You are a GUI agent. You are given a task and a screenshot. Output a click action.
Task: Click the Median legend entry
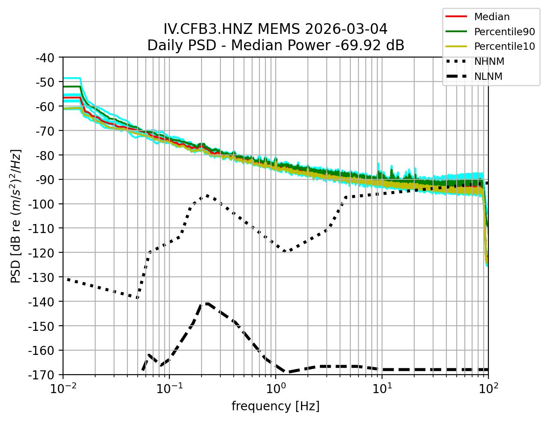(x=491, y=17)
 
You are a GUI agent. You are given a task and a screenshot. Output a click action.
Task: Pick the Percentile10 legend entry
(x=504, y=46)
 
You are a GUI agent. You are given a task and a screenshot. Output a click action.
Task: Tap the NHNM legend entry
(x=489, y=61)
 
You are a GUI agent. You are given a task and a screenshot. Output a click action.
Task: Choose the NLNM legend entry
(x=488, y=76)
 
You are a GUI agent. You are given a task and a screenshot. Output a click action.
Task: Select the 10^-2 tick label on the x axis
(x=63, y=389)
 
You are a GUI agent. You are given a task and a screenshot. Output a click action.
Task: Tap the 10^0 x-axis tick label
(x=276, y=389)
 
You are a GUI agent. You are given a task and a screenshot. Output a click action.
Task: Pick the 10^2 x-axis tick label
(x=488, y=389)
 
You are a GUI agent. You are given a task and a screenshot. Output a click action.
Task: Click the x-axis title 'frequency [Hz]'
(x=275, y=406)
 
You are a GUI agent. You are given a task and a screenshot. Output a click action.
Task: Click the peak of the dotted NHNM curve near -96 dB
(x=207, y=195)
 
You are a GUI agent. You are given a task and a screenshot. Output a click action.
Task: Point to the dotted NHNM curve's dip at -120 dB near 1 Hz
(x=284, y=252)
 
